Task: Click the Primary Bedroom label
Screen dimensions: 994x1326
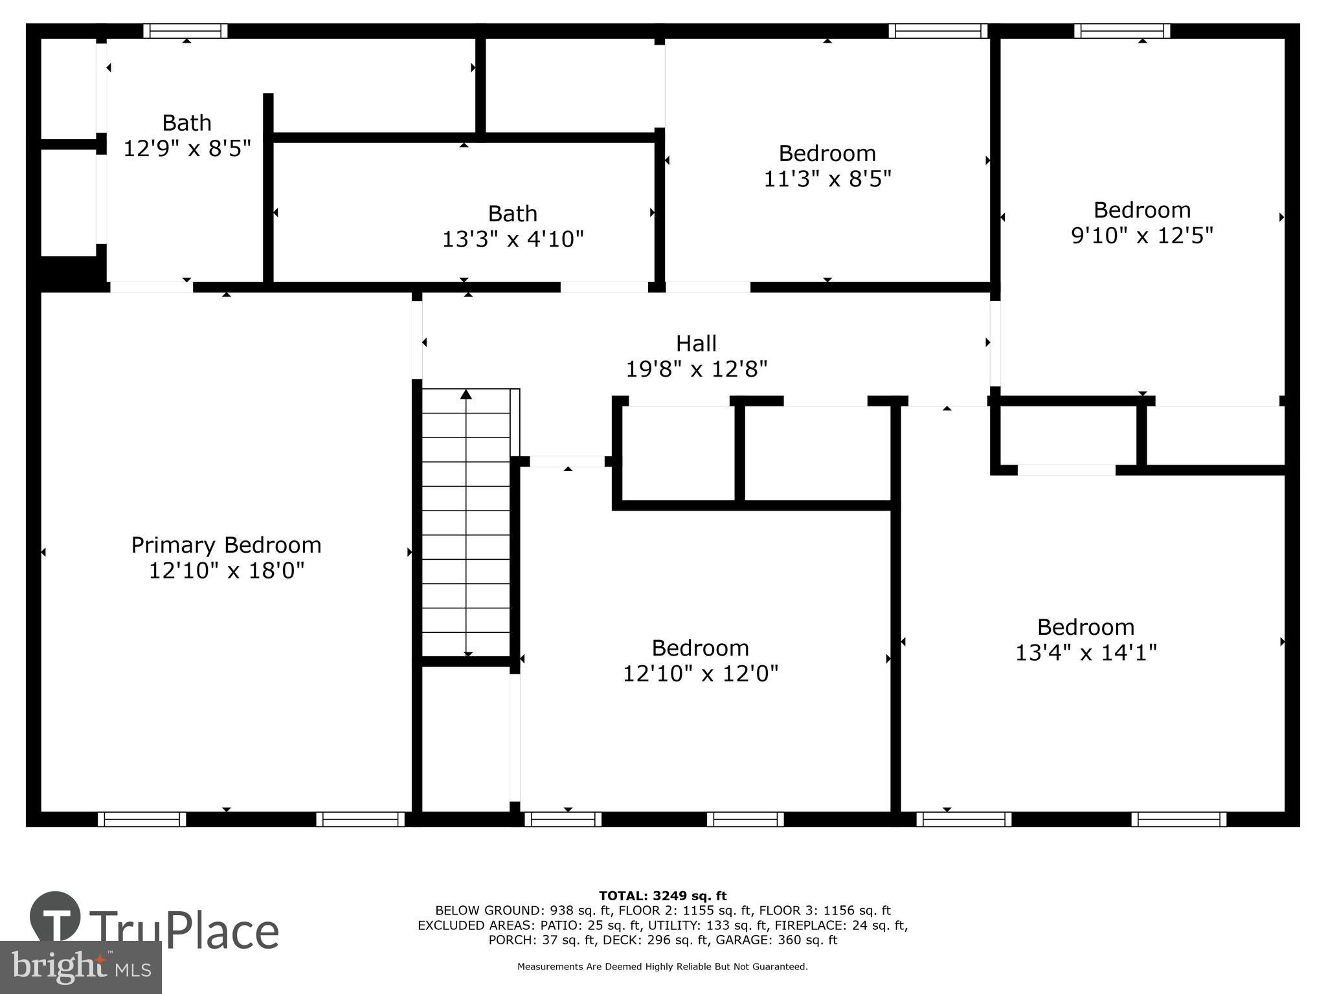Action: (x=226, y=545)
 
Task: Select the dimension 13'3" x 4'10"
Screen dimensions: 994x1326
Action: (x=512, y=239)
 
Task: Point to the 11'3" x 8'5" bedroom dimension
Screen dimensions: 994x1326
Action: (x=827, y=179)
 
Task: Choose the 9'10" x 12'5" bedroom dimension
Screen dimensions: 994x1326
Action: (x=1141, y=236)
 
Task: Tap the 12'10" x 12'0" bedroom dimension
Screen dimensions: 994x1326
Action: (x=700, y=674)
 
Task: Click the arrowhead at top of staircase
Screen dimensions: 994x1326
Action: (x=466, y=394)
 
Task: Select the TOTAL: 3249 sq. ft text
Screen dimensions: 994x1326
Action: (x=662, y=896)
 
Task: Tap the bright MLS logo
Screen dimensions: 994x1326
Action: (x=80, y=967)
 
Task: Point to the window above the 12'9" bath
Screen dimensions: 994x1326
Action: (x=185, y=30)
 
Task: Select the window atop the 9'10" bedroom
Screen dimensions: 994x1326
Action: (x=1122, y=30)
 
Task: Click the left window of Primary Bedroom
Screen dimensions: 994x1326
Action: (x=142, y=819)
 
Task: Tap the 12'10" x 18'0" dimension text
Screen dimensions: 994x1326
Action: (x=226, y=571)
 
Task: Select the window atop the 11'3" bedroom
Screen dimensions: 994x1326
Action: (x=938, y=30)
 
